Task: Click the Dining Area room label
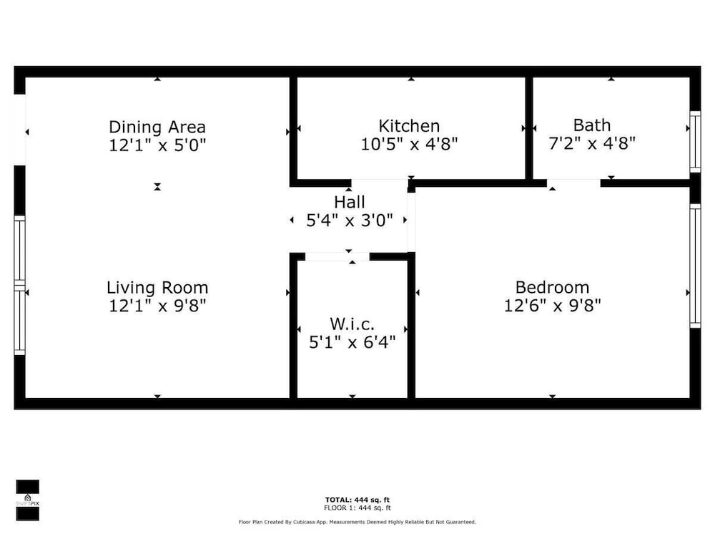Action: point(157,127)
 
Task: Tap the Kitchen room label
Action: point(409,125)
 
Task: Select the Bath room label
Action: point(592,125)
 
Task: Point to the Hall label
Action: point(350,202)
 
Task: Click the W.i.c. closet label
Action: point(352,324)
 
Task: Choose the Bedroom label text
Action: point(552,287)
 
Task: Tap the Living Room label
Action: point(157,288)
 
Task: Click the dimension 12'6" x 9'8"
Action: point(552,305)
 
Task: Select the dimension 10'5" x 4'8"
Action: point(409,144)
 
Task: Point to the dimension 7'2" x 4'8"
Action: point(592,143)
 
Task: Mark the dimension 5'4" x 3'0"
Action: point(350,221)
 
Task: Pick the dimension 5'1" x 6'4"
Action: point(352,342)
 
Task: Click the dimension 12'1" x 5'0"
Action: point(157,145)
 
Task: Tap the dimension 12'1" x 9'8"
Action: point(157,306)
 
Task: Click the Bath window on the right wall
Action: point(695,142)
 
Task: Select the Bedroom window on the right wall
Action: point(695,266)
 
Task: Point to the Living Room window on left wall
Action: point(19,286)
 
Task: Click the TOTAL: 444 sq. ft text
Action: point(357,500)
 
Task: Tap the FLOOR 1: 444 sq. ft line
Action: point(357,508)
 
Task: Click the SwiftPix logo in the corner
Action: point(27,500)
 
